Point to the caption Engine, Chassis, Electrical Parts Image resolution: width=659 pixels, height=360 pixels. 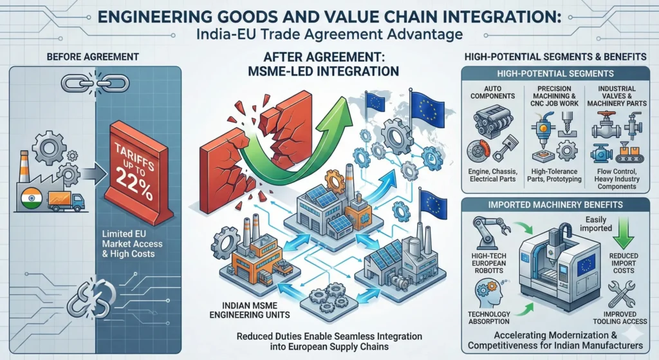(495, 176)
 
